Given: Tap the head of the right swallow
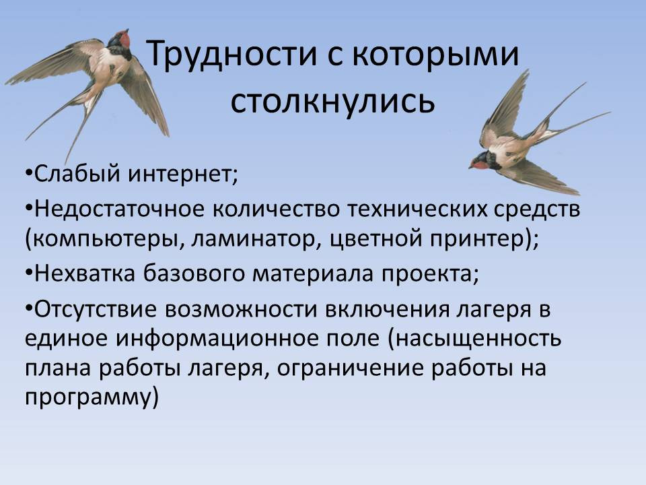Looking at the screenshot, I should point(480,162).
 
